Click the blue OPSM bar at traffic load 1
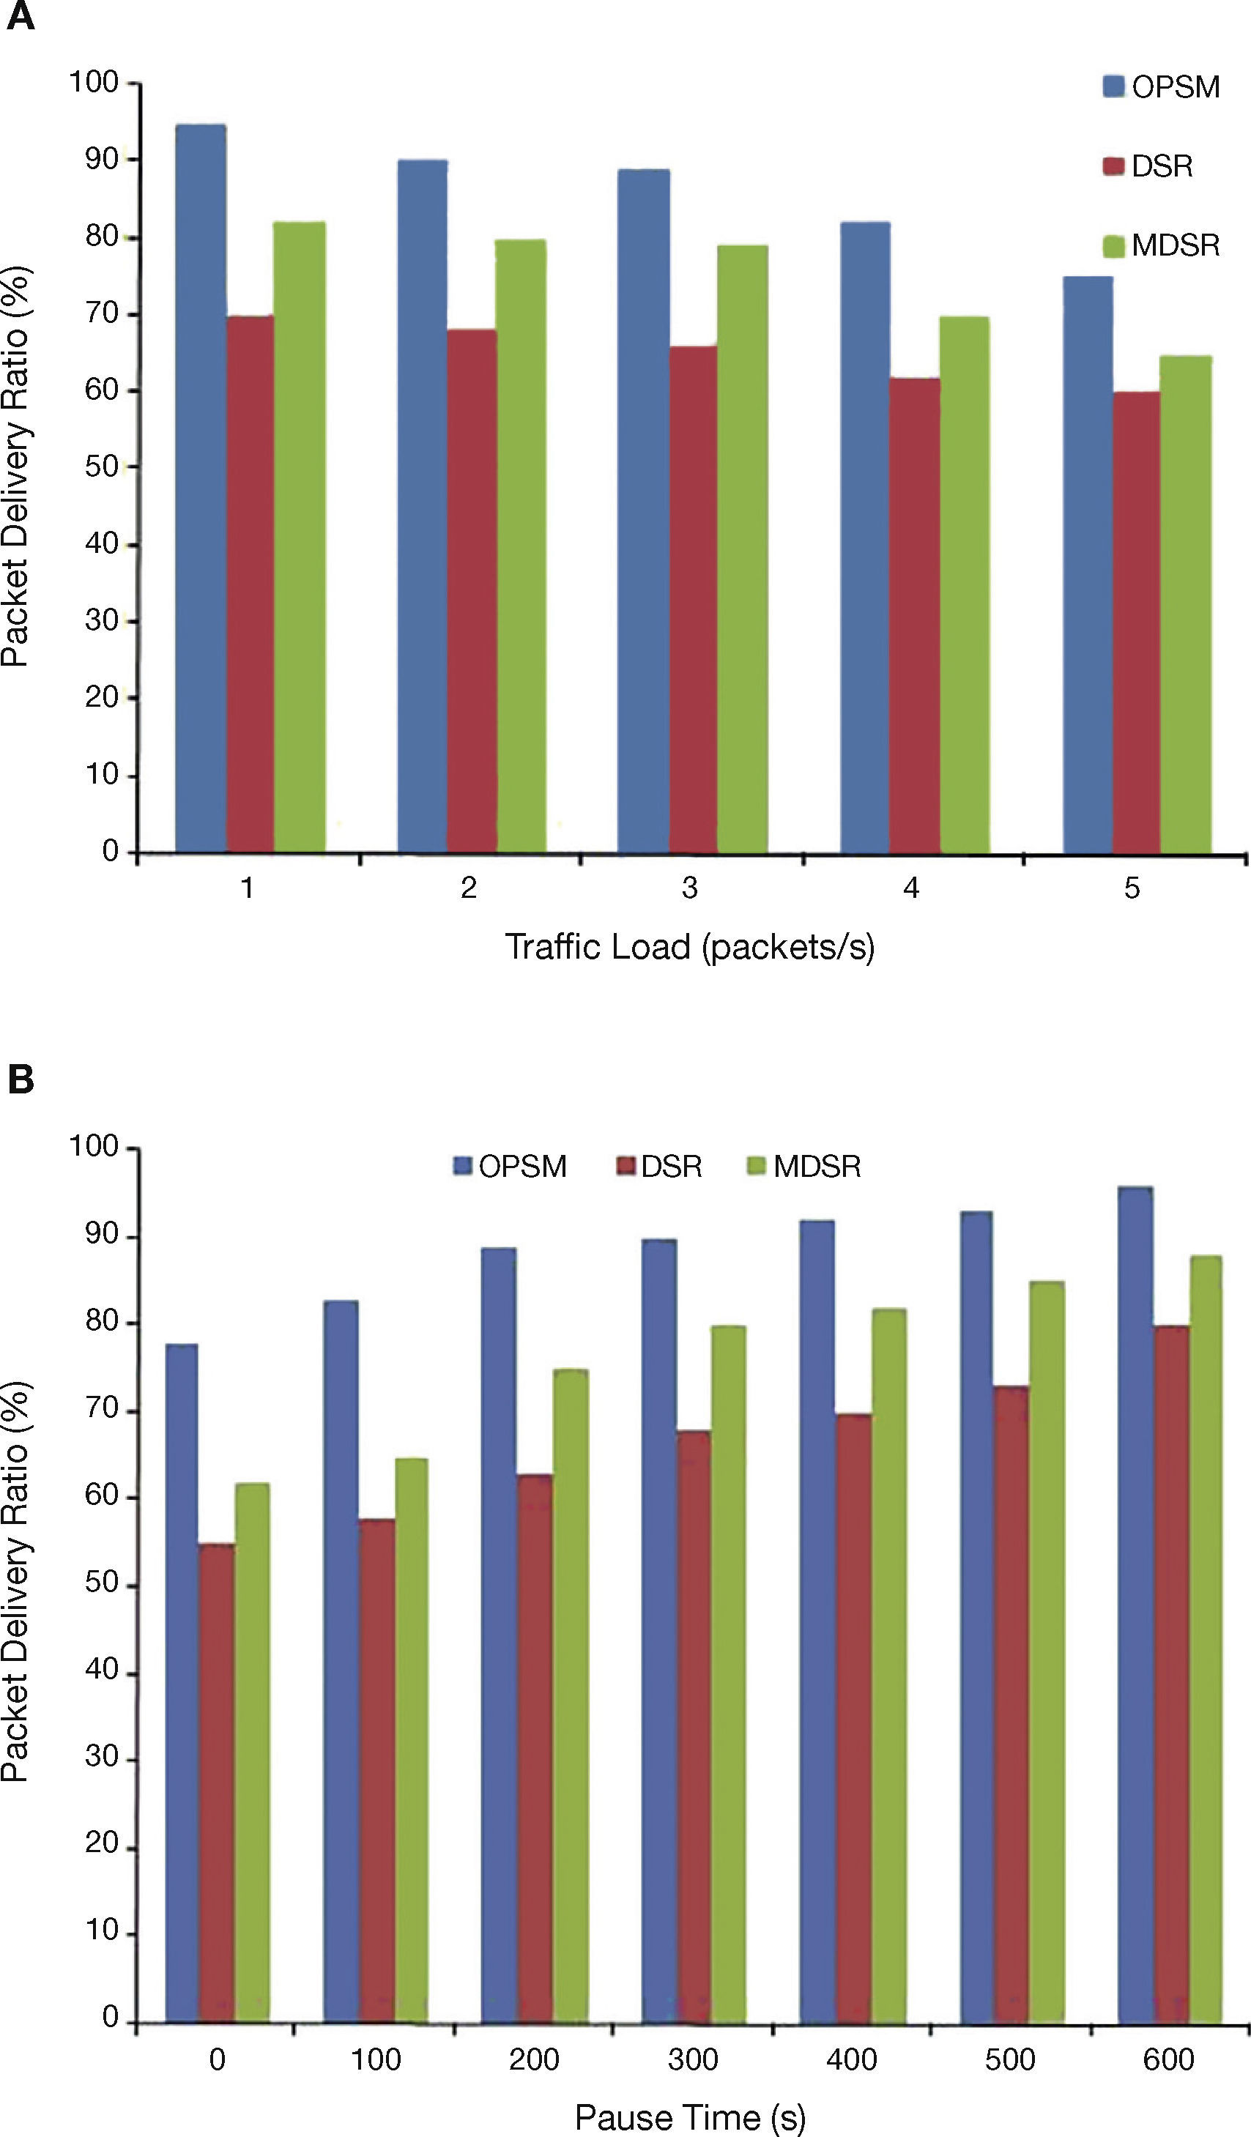[x=201, y=488]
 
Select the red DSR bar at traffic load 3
[x=693, y=598]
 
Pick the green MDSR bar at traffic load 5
[x=1186, y=603]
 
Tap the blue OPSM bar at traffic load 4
[x=865, y=537]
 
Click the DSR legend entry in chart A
[x=1149, y=166]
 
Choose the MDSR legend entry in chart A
[x=1162, y=245]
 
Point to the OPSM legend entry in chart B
[x=511, y=1166]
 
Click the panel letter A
[x=21, y=17]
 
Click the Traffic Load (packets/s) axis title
[x=689, y=946]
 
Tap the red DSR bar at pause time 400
[x=853, y=1718]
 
